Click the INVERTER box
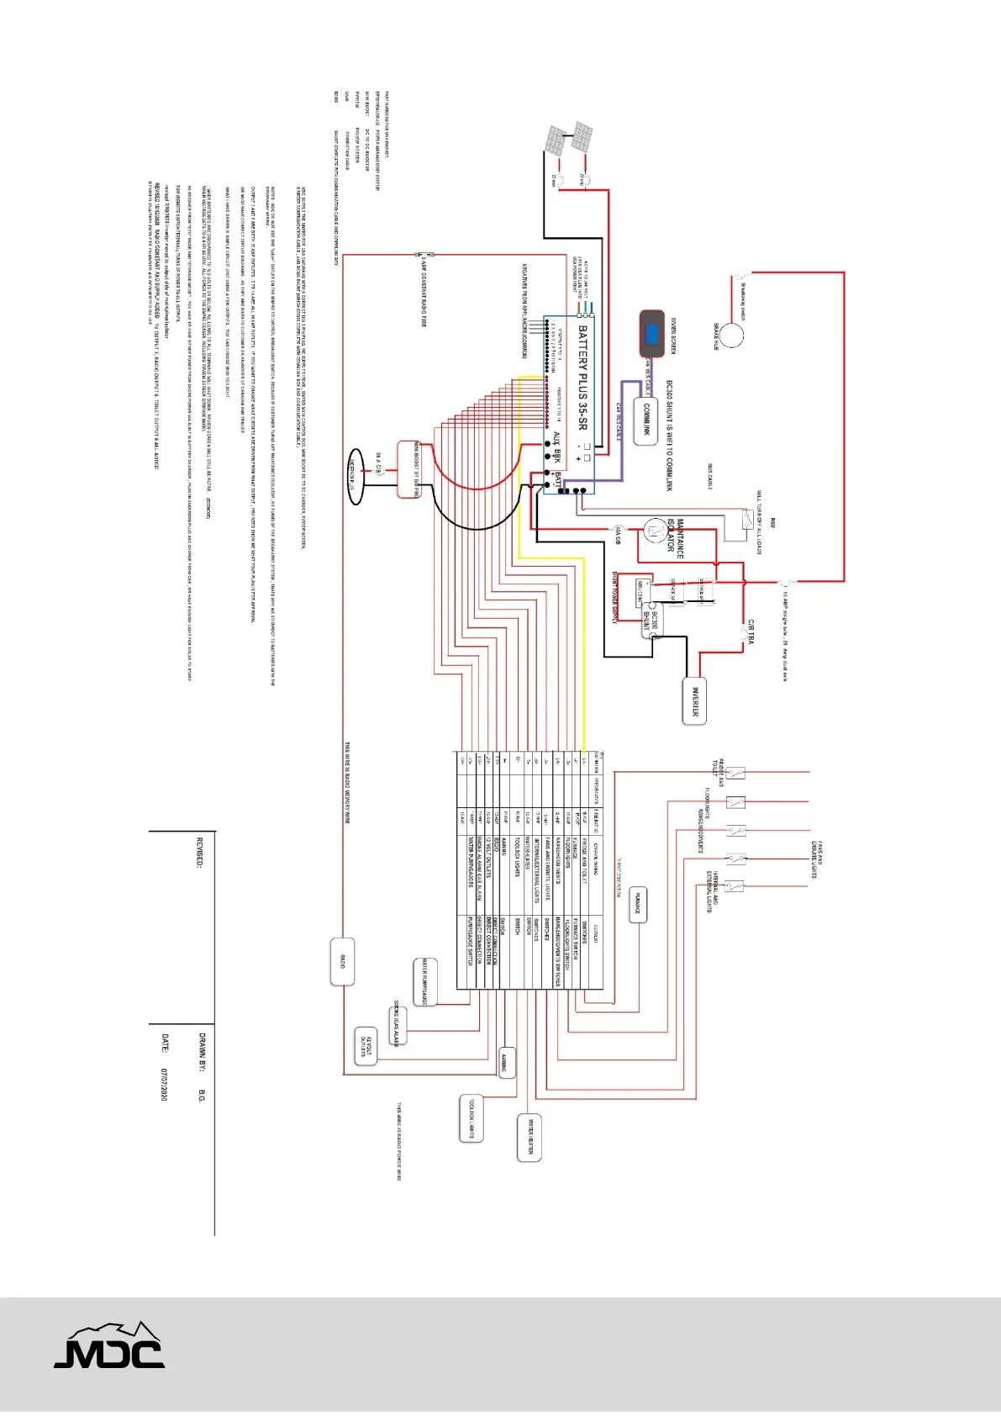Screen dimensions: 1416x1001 [x=694, y=700]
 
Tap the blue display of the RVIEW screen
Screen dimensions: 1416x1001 [x=652, y=333]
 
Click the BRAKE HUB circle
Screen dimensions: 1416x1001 [x=731, y=335]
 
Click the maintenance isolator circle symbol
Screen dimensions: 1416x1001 [x=653, y=530]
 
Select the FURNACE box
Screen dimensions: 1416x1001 [x=638, y=905]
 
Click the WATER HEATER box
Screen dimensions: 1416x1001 [x=529, y=1138]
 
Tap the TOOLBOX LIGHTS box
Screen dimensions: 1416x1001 [x=472, y=1117]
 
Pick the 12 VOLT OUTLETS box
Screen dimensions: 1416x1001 [x=366, y=1046]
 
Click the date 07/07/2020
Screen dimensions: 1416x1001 [x=165, y=1085]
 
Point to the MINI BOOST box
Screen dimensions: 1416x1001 [x=408, y=468]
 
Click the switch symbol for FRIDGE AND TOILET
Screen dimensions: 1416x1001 [x=735, y=773]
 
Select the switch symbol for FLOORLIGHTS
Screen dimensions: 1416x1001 [x=735, y=801]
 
